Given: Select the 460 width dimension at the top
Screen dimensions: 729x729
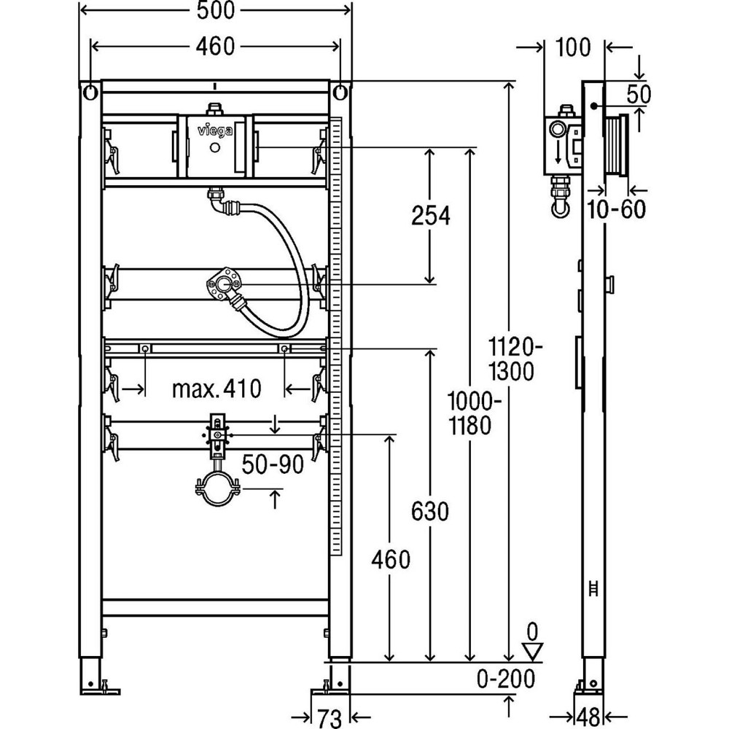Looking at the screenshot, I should [215, 46].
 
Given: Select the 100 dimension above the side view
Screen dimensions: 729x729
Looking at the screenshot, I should [574, 48].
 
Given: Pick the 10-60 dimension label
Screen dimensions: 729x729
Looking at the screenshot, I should [617, 210].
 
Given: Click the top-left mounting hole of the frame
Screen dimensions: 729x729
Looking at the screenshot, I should [90, 93].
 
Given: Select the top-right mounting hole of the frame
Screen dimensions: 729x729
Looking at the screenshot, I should [340, 93].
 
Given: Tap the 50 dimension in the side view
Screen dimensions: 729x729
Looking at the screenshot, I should [638, 93].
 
